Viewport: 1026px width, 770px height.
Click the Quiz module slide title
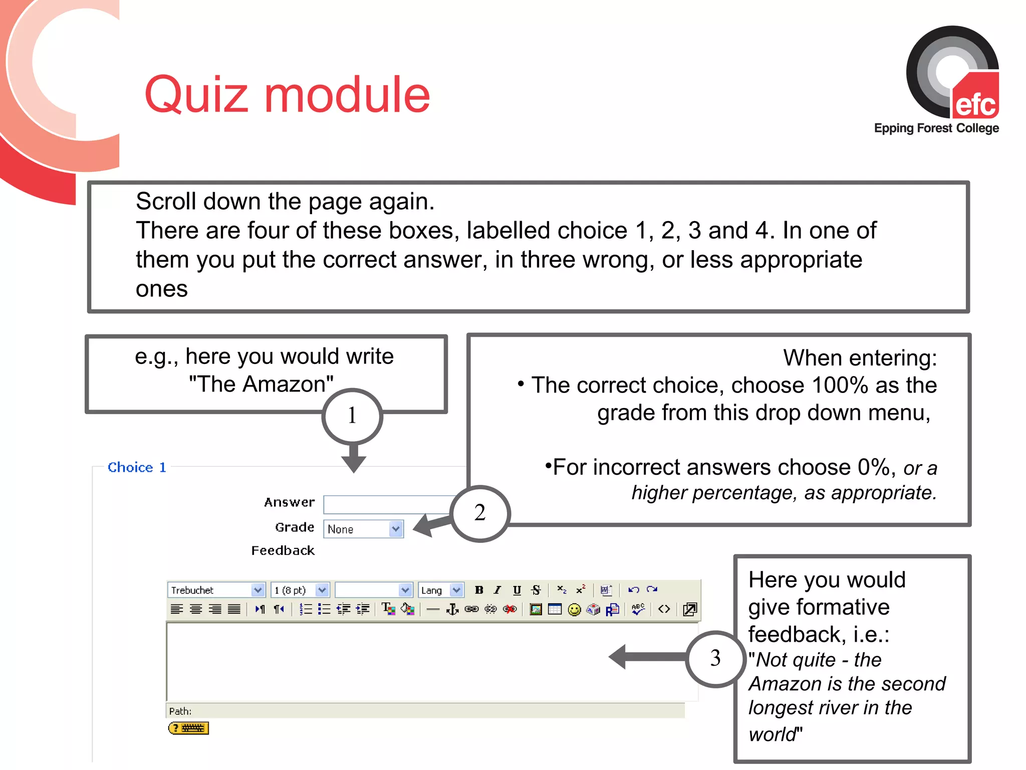(287, 95)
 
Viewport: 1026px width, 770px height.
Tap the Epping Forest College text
(936, 128)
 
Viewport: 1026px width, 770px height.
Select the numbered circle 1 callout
(352, 416)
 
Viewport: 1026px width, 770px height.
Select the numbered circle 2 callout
(480, 513)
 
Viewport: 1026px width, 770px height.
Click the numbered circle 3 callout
(715, 658)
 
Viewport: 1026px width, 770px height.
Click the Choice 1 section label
(137, 467)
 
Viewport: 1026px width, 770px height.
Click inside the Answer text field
(388, 504)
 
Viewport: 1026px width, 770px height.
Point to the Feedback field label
(283, 550)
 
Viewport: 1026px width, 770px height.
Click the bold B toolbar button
(479, 590)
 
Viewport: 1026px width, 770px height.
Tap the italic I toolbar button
(497, 590)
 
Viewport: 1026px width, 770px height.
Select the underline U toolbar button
(517, 590)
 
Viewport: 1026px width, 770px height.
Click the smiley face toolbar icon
(574, 610)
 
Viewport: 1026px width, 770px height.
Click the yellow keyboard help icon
(188, 728)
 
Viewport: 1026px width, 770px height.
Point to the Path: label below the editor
(180, 711)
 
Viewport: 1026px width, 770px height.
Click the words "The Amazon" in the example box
(261, 384)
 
